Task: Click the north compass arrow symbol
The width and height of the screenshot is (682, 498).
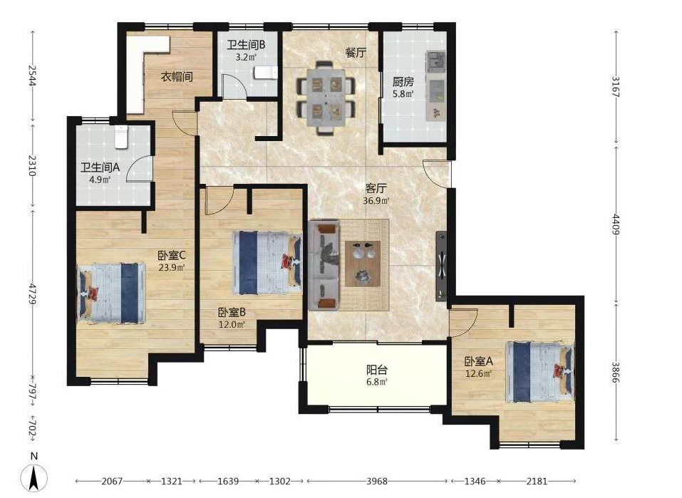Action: click(x=34, y=479)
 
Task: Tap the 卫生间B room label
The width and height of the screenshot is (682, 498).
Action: click(x=246, y=45)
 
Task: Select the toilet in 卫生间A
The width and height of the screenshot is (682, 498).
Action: click(x=121, y=137)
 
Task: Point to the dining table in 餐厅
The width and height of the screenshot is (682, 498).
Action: click(x=326, y=98)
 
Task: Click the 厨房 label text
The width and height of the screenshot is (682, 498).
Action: click(x=403, y=81)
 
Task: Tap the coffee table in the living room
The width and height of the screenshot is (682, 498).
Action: click(x=363, y=264)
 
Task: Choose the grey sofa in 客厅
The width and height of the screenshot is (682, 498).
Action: click(x=324, y=265)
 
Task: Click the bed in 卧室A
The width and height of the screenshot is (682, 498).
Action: click(x=539, y=372)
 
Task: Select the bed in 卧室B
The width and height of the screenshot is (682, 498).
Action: click(x=267, y=263)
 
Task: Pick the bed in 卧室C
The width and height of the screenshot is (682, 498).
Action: click(x=111, y=293)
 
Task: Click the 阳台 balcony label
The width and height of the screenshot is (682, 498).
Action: click(x=377, y=370)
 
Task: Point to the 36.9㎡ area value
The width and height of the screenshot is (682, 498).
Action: click(x=376, y=201)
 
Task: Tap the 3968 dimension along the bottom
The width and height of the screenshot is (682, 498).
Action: click(x=377, y=481)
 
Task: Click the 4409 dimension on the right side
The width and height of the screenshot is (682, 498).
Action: click(x=616, y=224)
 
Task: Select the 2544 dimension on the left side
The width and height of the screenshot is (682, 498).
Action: click(x=32, y=76)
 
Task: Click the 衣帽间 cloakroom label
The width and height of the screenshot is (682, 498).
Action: click(x=177, y=77)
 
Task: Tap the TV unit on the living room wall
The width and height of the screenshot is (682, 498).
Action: click(x=441, y=265)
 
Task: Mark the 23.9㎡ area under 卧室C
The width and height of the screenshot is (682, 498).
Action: click(x=171, y=267)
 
